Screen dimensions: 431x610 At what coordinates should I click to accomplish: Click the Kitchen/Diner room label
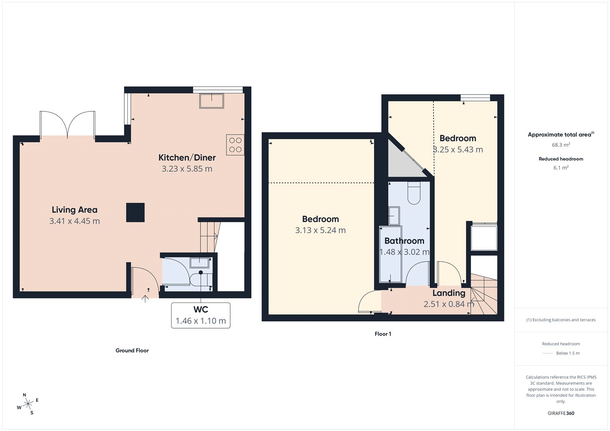click(x=187, y=157)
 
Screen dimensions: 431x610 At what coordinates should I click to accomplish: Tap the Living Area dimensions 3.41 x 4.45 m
click(x=75, y=221)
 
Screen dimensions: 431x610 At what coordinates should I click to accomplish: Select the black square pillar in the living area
click(x=135, y=212)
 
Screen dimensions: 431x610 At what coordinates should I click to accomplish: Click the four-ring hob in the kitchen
click(x=235, y=145)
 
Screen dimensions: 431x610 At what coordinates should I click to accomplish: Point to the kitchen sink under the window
click(x=212, y=101)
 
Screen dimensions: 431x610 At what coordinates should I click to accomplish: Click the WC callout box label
click(x=201, y=309)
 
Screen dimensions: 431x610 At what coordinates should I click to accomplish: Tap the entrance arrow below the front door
click(x=145, y=298)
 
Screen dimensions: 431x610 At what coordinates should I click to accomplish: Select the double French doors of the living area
click(x=67, y=125)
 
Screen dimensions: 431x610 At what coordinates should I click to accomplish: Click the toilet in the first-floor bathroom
click(x=414, y=193)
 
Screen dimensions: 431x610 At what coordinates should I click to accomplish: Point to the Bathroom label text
click(x=404, y=241)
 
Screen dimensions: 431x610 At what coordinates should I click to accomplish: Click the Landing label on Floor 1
click(x=449, y=293)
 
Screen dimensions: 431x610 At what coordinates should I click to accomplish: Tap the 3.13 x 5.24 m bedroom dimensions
click(x=320, y=230)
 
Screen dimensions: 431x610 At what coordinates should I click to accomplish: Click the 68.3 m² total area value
click(x=561, y=145)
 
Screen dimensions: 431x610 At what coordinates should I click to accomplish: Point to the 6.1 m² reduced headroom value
click(x=561, y=168)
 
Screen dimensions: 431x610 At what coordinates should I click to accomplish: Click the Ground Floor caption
click(x=132, y=351)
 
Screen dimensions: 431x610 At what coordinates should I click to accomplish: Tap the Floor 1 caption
click(x=383, y=334)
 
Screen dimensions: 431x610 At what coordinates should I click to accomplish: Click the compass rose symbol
click(x=28, y=404)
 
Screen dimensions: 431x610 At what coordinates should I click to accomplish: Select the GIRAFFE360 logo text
click(x=561, y=413)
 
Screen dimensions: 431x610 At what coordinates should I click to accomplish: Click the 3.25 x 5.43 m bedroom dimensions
click(x=458, y=150)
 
